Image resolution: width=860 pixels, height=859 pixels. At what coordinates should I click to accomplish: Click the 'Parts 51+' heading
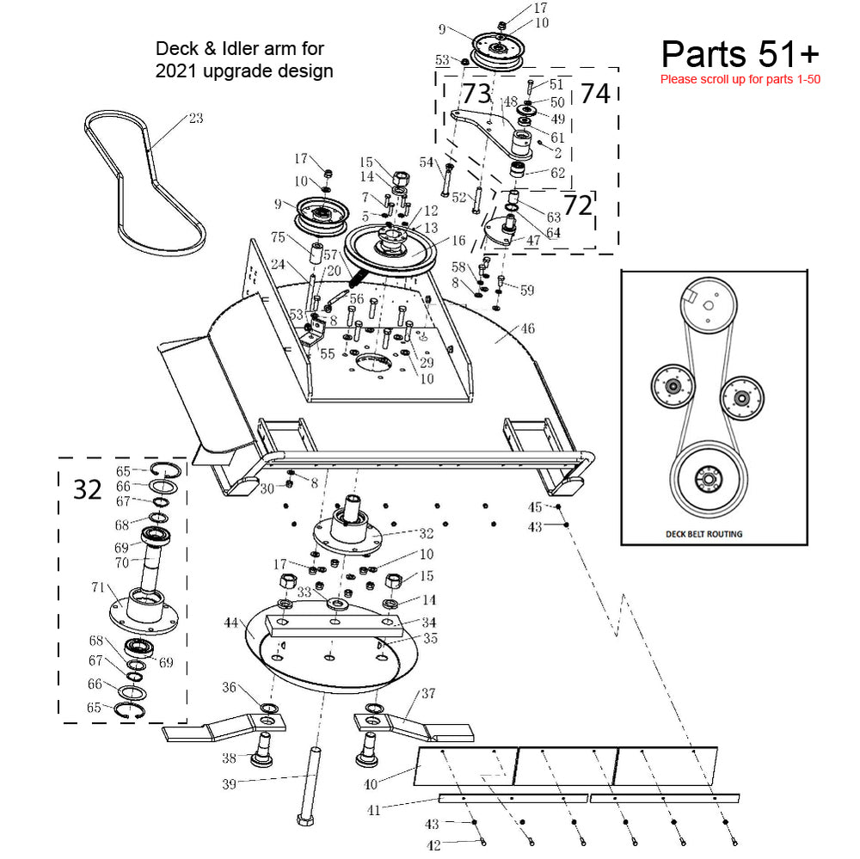point(740,53)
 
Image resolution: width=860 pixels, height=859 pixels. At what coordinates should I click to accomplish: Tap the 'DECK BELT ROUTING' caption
point(703,534)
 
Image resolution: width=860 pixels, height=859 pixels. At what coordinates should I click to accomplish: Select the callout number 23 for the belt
point(195,118)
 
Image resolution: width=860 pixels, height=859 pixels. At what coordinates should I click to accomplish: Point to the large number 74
point(595,94)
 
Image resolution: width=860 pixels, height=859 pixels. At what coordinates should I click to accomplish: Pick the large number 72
point(577,206)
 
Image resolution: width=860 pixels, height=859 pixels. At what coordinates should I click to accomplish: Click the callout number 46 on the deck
point(526,328)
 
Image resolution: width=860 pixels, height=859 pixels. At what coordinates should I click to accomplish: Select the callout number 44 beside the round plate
point(230,622)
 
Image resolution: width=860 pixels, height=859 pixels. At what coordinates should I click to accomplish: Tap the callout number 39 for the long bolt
point(229,782)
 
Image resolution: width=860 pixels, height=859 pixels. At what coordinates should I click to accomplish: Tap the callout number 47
point(533,241)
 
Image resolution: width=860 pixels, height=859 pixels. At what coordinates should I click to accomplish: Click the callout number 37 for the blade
point(427,693)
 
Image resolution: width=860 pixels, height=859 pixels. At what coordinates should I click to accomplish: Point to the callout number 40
point(370,783)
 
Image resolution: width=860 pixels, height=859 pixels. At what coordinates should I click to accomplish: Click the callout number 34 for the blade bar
point(427,622)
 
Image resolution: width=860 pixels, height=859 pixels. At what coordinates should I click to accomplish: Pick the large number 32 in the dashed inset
point(87,489)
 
